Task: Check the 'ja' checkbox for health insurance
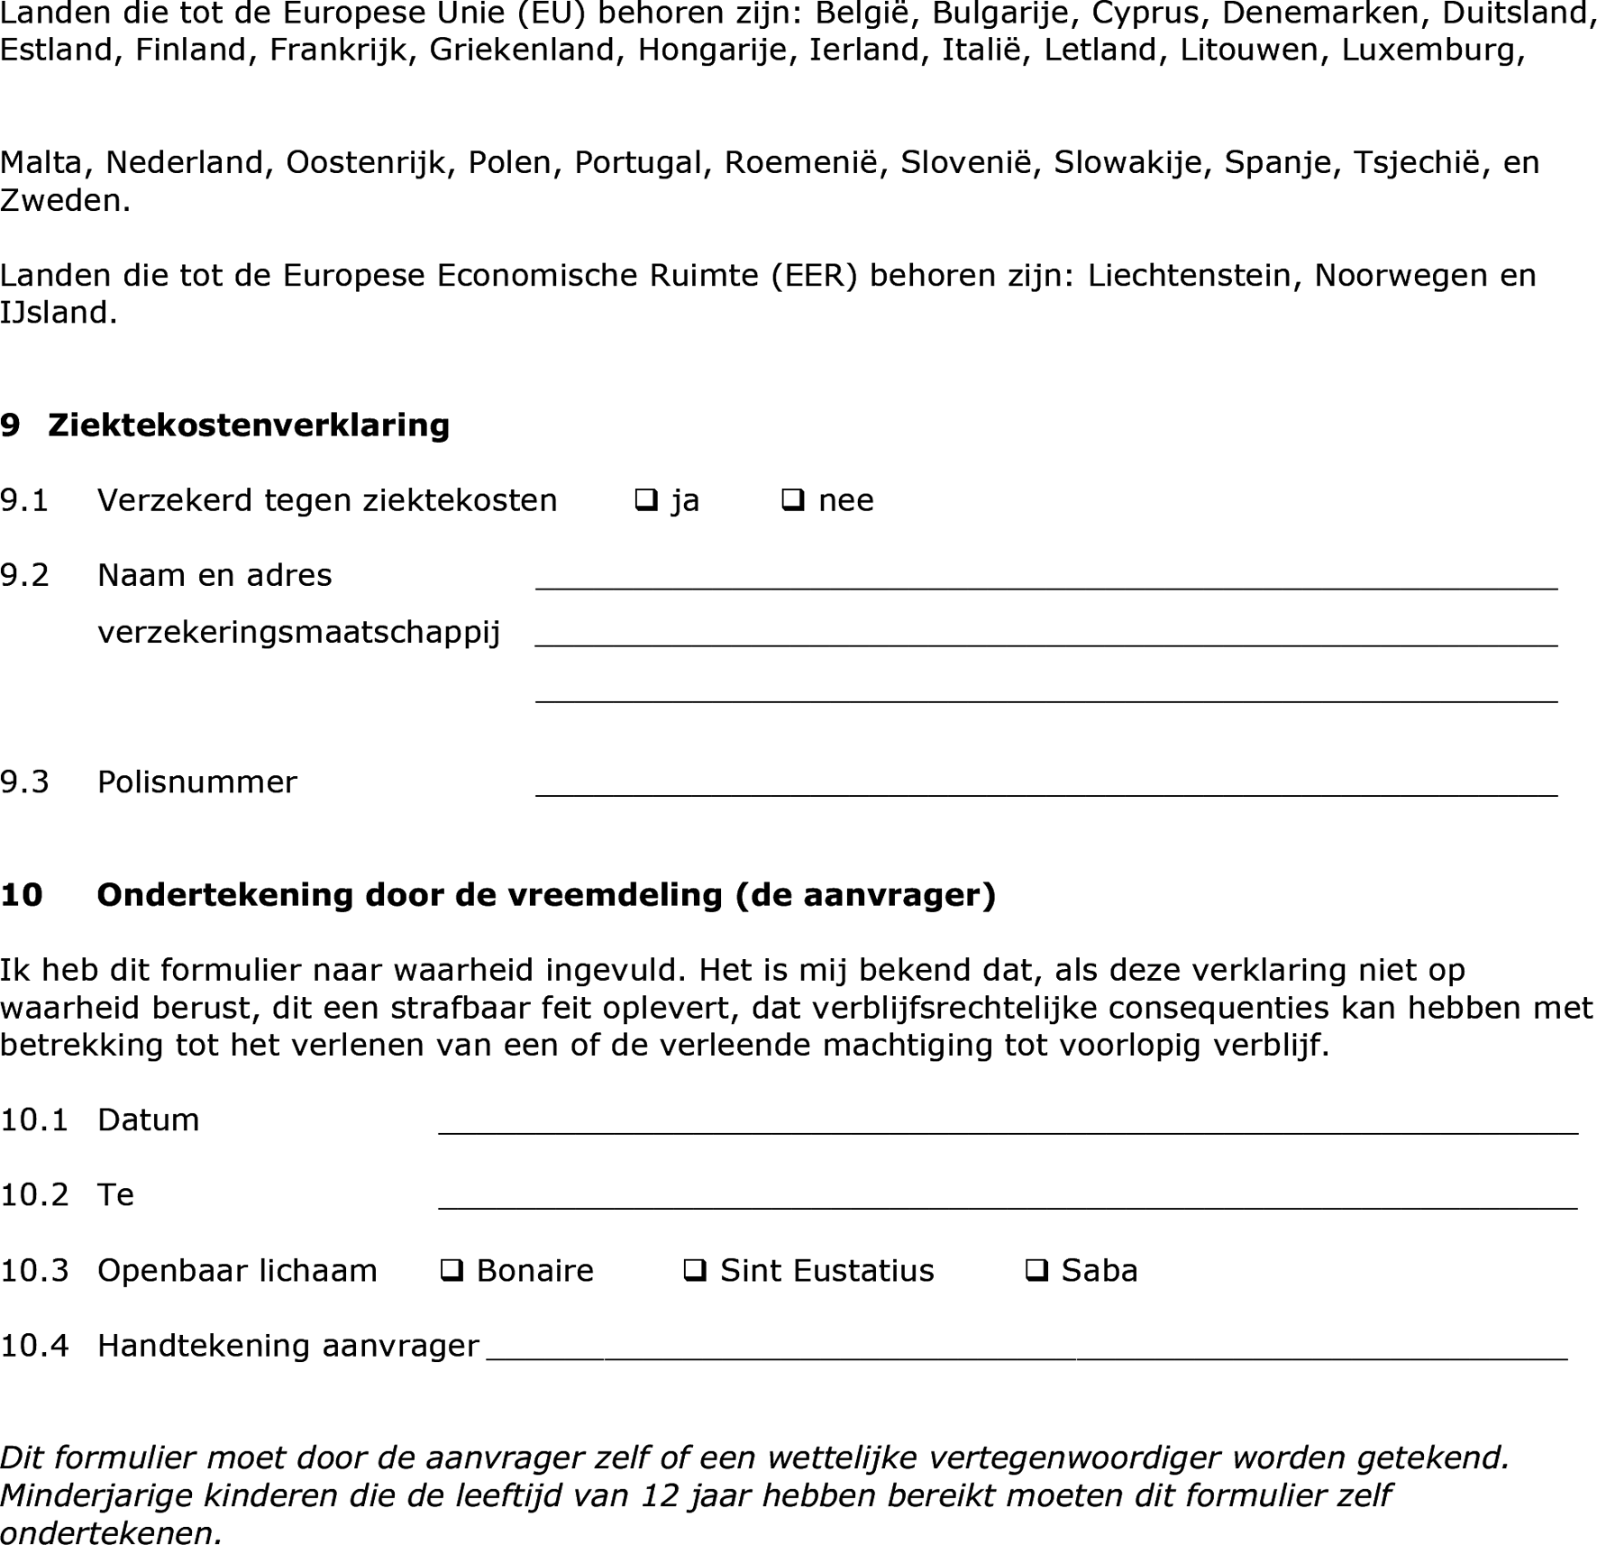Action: pyautogui.click(x=645, y=499)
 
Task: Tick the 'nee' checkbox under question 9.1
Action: pyautogui.click(x=792, y=499)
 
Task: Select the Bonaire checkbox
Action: pyautogui.click(x=451, y=1270)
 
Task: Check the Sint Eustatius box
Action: pyautogui.click(x=694, y=1270)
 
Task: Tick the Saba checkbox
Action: pyautogui.click(x=1036, y=1270)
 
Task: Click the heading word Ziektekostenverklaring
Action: pyautogui.click(x=249, y=425)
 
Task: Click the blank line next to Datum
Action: pyautogui.click(x=1008, y=1123)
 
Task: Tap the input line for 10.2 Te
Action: pyautogui.click(x=1008, y=1198)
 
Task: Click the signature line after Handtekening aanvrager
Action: pyautogui.click(x=1027, y=1348)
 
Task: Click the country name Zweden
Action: pyautogui.click(x=65, y=200)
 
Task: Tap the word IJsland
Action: pyautogui.click(x=59, y=313)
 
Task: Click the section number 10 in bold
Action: pyautogui.click(x=22, y=894)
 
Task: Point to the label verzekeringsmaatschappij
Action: pyautogui.click(x=298, y=633)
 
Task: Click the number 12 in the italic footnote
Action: pyautogui.click(x=660, y=1495)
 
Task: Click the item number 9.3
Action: pyautogui.click(x=24, y=782)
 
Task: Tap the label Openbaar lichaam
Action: pyautogui.click(x=237, y=1270)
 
